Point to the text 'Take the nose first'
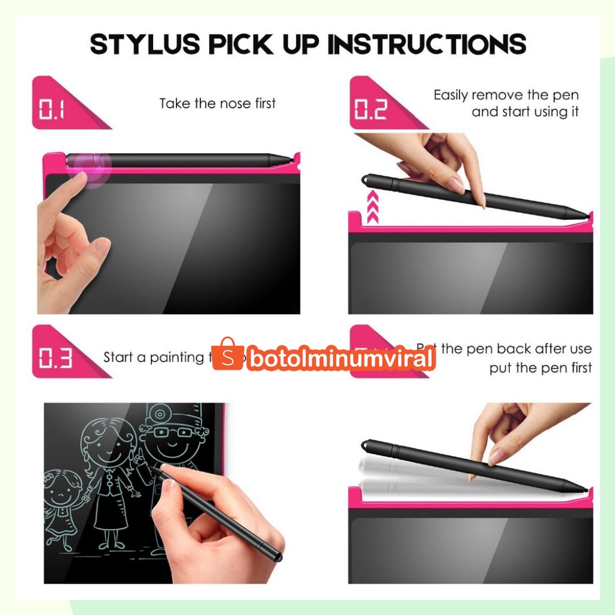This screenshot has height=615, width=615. (217, 103)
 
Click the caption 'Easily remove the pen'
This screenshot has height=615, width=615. (506, 95)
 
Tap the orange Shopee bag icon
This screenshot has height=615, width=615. (227, 354)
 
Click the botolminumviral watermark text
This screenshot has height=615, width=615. (341, 359)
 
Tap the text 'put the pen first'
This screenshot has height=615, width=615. (540, 368)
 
